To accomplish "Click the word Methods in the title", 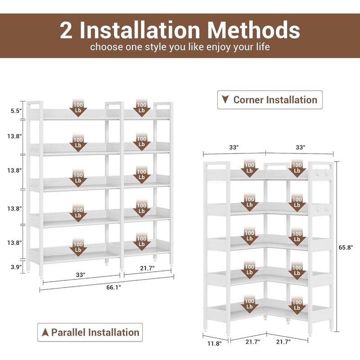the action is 254,30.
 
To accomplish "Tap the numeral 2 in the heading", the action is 66,30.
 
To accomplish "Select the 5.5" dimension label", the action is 16,111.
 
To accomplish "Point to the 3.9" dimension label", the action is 16,267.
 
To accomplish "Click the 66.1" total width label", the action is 114,287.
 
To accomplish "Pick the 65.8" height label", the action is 346,247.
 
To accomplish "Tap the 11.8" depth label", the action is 215,343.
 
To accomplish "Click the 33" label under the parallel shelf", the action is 81,274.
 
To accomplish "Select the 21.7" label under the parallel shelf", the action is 148,268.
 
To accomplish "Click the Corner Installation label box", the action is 270,100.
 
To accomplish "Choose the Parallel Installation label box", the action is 90,332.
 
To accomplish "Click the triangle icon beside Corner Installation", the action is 225,99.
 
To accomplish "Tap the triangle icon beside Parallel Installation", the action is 45,332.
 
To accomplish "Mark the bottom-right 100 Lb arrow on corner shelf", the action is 297,305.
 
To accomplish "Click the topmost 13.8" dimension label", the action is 14,136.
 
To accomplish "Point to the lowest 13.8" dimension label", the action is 14,243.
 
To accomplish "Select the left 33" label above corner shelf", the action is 234,148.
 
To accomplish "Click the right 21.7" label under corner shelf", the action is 283,342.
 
